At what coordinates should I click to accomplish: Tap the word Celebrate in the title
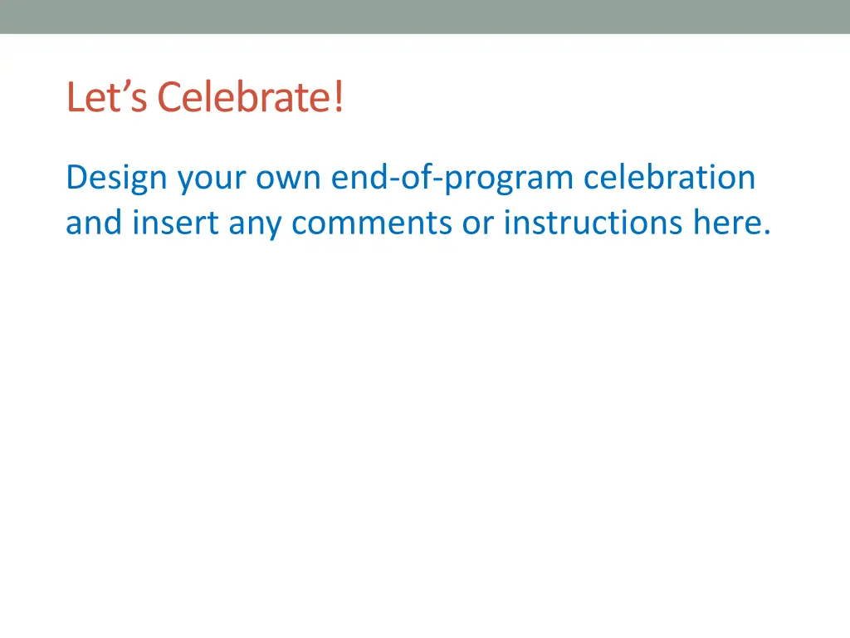[246, 98]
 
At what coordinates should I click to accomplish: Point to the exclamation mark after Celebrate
[339, 98]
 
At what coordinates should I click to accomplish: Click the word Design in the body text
[116, 178]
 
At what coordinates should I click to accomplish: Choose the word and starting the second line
[94, 222]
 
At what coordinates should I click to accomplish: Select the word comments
[373, 223]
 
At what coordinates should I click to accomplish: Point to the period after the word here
[765, 232]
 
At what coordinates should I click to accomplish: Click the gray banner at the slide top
[425, 17]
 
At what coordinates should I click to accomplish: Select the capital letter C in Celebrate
[169, 98]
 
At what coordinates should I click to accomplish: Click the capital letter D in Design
[76, 178]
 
